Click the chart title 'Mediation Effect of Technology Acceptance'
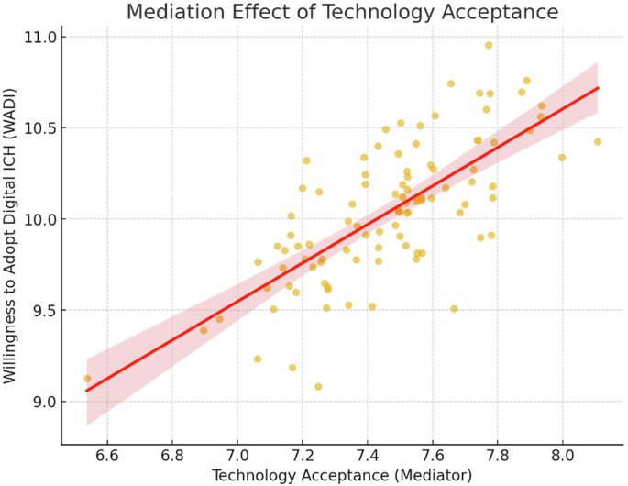[342, 12]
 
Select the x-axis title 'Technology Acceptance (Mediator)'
[342, 475]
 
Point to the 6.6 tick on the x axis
[107, 455]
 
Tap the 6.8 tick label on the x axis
[172, 455]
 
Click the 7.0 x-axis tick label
[237, 455]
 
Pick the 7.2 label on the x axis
[303, 455]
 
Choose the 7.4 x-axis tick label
[368, 455]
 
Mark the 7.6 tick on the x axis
[433, 455]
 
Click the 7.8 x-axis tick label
[498, 455]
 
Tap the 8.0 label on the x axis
[563, 455]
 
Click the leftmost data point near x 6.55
[87, 379]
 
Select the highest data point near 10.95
[489, 45]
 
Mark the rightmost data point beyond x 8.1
[598, 141]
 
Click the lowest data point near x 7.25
[318, 387]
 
